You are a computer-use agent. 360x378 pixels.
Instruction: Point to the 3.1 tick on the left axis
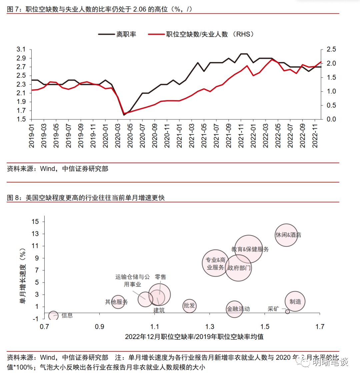point(21,50)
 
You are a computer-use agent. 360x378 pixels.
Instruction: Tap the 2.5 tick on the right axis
point(331,50)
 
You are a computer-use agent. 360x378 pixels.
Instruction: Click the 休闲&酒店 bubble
point(286,235)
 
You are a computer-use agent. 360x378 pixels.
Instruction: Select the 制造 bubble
point(295,302)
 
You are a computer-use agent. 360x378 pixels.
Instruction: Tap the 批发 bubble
point(189,305)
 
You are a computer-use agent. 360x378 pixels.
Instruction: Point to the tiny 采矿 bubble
point(287,312)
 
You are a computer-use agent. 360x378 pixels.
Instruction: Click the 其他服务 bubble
point(118,302)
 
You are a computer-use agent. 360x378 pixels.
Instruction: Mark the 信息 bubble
point(53,315)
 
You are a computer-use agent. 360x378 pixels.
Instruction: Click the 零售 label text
point(160,277)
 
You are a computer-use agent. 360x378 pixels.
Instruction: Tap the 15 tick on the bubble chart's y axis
point(35,222)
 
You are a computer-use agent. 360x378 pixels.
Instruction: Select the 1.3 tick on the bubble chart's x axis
point(210,327)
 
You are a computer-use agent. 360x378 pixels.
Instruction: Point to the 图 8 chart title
point(86,198)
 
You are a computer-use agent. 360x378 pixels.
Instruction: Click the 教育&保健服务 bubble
point(248,249)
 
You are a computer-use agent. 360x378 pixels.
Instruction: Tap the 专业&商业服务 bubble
point(215,263)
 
